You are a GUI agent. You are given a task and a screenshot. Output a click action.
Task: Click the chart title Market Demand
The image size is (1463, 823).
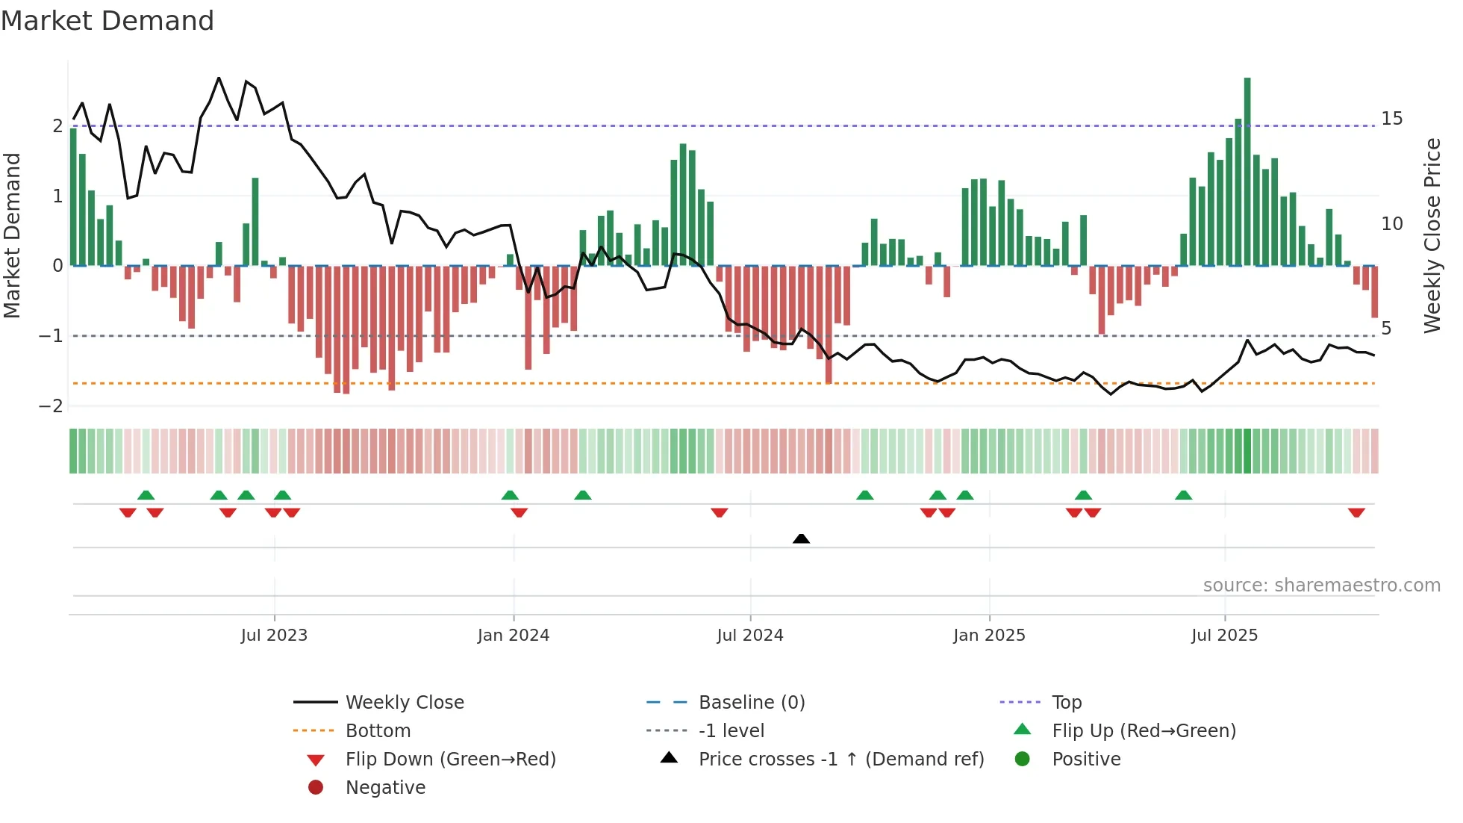click(x=107, y=21)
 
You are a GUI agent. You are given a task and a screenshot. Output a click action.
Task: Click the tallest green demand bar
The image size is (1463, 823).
click(x=1247, y=172)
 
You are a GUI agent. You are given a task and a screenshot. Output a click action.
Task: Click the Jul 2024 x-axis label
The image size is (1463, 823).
click(x=750, y=636)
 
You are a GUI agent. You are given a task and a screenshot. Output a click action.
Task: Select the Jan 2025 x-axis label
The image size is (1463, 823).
click(x=989, y=636)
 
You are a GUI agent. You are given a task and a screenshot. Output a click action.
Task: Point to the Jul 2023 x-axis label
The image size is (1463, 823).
click(x=274, y=636)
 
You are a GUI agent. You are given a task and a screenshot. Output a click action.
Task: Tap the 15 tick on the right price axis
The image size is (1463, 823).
click(x=1391, y=119)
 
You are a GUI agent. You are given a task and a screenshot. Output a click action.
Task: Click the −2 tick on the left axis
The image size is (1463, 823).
click(x=51, y=406)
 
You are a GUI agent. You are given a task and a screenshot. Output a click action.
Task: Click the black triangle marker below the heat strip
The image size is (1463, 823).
click(x=801, y=538)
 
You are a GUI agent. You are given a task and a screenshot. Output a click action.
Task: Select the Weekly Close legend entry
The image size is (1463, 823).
click(x=404, y=703)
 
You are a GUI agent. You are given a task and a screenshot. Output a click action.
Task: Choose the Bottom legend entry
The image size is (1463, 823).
click(x=378, y=731)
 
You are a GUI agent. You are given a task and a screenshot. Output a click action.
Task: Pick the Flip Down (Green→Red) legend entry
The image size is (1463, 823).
click(x=450, y=760)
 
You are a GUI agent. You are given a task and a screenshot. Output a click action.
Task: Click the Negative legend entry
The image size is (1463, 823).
click(x=385, y=788)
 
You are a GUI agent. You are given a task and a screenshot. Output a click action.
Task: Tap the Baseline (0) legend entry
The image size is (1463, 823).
click(x=751, y=703)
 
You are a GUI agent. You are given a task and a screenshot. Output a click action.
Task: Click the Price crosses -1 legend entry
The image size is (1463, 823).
click(x=840, y=760)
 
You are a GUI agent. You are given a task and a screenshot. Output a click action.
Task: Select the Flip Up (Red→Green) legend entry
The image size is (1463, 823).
click(x=1144, y=731)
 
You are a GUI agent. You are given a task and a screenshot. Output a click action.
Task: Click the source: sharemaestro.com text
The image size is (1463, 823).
click(x=1321, y=586)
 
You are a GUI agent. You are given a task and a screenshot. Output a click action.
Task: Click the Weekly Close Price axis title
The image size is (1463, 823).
click(x=1432, y=235)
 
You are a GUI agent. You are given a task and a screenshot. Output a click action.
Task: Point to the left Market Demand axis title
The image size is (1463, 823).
click(x=13, y=235)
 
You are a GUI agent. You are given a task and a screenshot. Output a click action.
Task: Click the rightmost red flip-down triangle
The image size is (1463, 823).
click(x=1356, y=512)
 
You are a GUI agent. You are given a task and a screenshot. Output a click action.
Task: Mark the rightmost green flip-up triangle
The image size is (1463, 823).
click(x=1183, y=495)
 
